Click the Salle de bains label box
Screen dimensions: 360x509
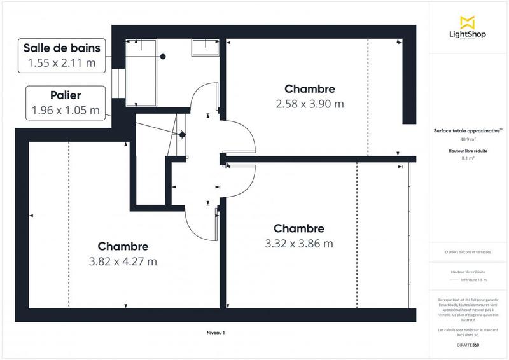[x=62, y=55]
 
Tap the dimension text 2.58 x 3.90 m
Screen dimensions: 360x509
[x=309, y=104]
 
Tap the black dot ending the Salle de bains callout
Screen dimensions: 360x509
[x=164, y=57]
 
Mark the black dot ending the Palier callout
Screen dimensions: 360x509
[x=182, y=134]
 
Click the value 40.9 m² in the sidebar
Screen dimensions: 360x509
[x=468, y=139]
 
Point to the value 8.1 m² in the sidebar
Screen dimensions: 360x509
[x=468, y=158]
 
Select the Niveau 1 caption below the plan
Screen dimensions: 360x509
[x=216, y=333]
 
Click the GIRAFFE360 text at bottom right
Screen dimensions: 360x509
[x=468, y=344]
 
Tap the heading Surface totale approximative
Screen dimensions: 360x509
[x=468, y=130]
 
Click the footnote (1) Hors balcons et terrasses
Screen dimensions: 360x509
[x=468, y=252]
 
